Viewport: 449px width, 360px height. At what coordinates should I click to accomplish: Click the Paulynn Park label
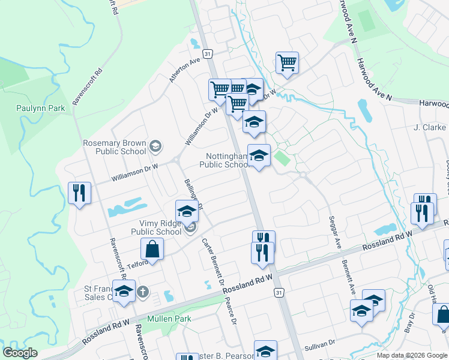40,109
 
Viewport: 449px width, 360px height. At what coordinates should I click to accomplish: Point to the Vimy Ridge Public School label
156,227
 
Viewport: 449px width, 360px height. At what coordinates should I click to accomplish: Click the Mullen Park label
169,319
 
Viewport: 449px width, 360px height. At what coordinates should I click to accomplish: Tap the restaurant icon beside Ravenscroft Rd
79,193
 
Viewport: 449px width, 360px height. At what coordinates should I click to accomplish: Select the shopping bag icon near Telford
152,248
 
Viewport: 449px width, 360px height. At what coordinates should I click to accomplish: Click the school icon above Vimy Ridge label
187,212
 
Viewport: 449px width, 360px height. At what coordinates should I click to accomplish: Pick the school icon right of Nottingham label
259,155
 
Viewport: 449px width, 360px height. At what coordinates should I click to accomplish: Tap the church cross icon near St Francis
142,292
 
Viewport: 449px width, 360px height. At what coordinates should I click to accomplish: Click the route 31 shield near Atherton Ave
207,54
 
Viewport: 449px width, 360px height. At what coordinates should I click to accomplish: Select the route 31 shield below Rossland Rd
278,292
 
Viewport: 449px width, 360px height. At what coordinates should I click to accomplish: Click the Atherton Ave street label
184,70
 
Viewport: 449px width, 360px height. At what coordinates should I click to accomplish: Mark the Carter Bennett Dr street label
213,262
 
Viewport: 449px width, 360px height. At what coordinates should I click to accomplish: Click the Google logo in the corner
20,353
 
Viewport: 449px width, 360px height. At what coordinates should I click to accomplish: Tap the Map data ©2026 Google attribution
412,355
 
